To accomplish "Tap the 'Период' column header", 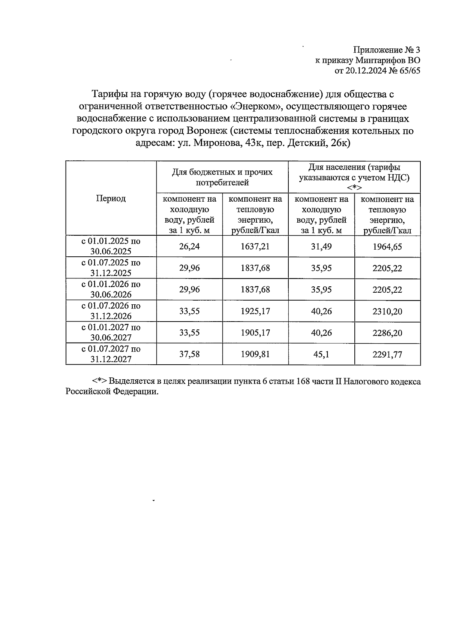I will (111, 198).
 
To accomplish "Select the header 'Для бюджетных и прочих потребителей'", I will (222, 177).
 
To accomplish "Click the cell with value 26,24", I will (189, 246).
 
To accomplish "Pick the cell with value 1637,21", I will (255, 246).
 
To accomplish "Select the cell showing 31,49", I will (321, 246).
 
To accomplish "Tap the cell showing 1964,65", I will (387, 246).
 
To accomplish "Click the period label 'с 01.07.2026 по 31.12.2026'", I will (111, 311).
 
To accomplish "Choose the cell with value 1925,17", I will (255, 311).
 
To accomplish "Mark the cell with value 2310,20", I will (387, 311).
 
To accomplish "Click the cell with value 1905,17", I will (255, 332).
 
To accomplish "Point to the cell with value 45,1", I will (321, 354).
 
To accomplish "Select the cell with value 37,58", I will (189, 354).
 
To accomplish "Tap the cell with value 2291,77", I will (387, 354).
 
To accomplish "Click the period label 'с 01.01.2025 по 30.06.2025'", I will (111, 246).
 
